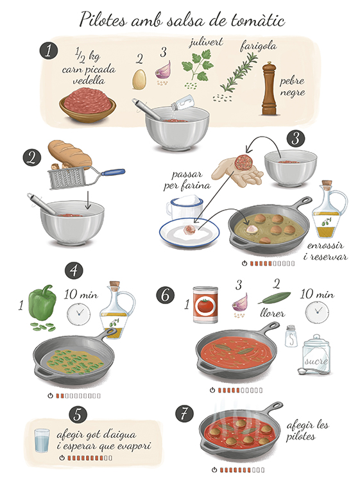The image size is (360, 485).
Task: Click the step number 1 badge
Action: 49,51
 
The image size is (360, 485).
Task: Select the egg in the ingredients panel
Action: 139,79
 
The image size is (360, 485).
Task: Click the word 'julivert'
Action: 206,42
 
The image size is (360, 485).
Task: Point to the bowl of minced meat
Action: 87,105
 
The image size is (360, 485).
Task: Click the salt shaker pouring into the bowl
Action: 183,103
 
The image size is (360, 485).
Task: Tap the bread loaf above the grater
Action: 70,154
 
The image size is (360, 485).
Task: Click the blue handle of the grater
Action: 113,172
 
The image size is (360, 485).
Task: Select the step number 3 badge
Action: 296,139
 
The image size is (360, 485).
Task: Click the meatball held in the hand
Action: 243,162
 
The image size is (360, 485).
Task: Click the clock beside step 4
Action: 79,314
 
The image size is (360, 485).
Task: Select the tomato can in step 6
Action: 205,305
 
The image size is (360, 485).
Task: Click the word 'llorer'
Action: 272,313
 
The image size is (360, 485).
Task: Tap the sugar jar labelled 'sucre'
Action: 316,355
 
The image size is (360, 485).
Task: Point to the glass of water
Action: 42,441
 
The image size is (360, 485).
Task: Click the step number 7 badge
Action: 184,414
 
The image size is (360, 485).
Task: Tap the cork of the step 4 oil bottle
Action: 114,285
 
